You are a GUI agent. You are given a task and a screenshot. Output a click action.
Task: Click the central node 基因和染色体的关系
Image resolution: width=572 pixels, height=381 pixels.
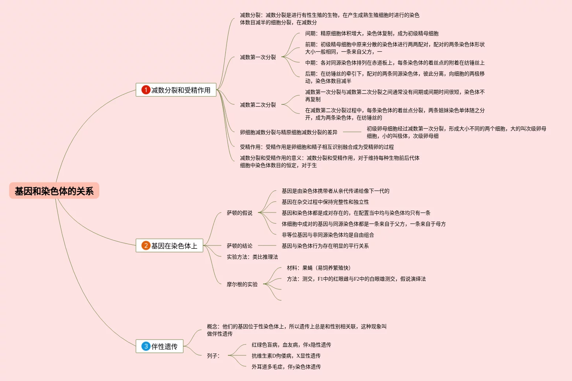click(54, 191)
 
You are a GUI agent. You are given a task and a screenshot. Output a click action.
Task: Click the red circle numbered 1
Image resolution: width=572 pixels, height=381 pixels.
click(146, 90)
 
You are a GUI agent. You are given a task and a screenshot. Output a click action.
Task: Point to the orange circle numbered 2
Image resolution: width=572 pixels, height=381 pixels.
click(146, 245)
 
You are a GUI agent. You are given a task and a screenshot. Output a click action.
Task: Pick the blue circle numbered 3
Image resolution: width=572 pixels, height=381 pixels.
click(146, 346)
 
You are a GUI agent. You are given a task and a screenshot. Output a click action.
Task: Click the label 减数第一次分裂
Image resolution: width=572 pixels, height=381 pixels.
click(258, 57)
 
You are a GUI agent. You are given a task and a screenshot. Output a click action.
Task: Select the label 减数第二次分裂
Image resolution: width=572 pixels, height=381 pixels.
click(258, 105)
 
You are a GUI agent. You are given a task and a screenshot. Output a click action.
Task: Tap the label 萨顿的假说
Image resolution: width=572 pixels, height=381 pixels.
click(239, 213)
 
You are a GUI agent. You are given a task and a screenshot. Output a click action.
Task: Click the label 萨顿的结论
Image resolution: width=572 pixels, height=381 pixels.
click(239, 246)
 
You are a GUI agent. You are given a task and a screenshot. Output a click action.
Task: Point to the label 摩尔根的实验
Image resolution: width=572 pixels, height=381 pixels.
click(242, 284)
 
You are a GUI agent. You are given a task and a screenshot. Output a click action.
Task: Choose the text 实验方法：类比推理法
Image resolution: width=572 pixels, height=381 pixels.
click(252, 257)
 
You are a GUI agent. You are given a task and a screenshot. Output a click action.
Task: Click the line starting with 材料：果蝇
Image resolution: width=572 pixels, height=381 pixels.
click(318, 268)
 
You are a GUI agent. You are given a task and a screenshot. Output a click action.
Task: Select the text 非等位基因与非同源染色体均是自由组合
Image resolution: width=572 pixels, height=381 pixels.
click(328, 235)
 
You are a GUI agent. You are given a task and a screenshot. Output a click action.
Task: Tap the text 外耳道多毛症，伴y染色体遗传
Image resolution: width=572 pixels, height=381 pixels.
click(286, 367)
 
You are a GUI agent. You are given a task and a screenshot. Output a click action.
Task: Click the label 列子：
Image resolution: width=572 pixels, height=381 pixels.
click(213, 356)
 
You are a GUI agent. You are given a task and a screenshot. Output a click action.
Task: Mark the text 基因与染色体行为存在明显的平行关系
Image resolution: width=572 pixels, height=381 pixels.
click(325, 246)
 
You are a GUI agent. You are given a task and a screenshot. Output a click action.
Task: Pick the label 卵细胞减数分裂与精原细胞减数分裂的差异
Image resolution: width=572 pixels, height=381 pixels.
click(288, 132)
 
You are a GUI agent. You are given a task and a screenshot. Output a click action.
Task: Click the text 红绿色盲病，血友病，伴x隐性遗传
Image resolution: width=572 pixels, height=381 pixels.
click(291, 345)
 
